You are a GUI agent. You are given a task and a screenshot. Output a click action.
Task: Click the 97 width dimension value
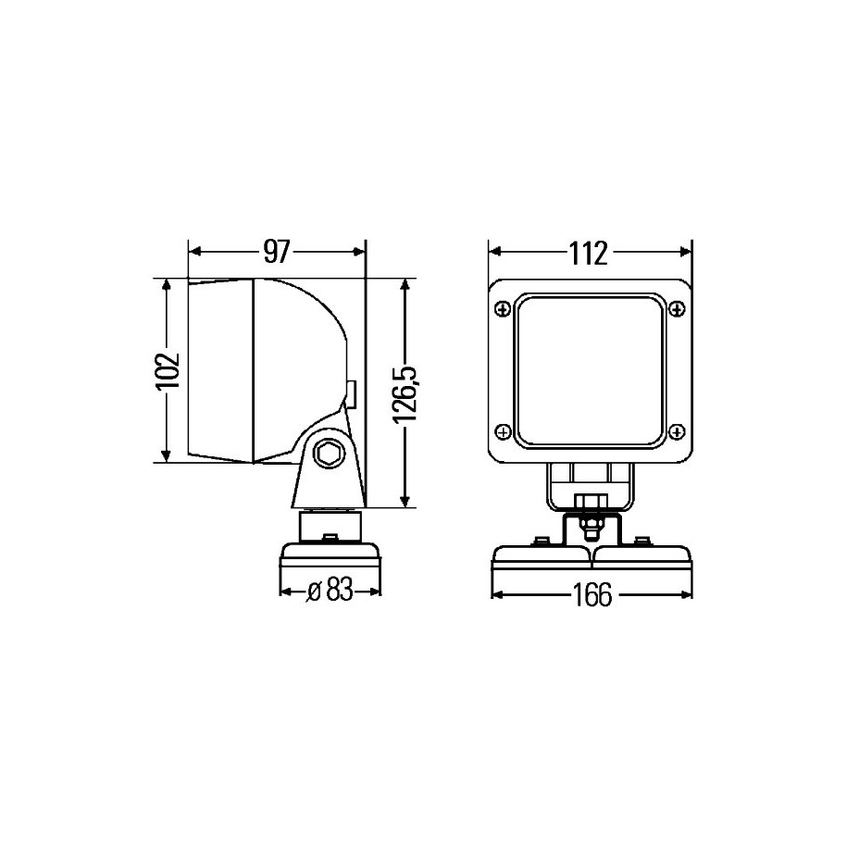pos(277,252)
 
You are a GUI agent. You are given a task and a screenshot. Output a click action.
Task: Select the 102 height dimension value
pos(167,371)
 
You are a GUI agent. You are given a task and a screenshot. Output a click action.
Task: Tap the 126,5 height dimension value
pos(405,395)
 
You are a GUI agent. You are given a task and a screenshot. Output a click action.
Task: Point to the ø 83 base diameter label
pos(330,590)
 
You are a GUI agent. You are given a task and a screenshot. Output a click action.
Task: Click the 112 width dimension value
pos(589,254)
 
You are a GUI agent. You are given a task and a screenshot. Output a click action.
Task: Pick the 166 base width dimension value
pos(592,595)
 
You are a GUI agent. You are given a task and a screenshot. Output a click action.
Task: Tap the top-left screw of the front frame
pos(503,309)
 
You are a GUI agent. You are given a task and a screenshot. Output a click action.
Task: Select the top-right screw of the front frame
pos(677,309)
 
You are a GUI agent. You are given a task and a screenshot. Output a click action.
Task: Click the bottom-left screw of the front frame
pos(503,432)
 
